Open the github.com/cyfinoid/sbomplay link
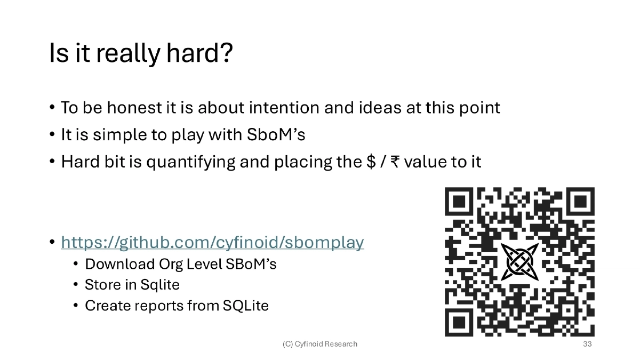coord(213,242)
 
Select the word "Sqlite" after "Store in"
coord(160,285)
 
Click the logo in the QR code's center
coord(519,262)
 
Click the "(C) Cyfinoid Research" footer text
coord(320,344)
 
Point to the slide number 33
coord(588,344)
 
